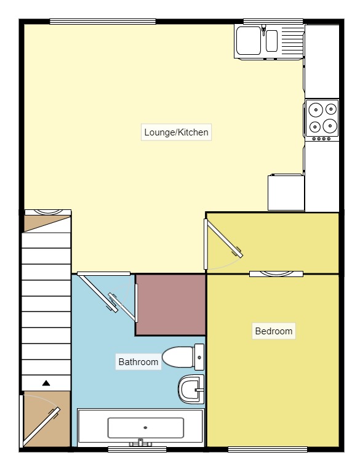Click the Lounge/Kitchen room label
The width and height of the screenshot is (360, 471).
pyautogui.click(x=176, y=132)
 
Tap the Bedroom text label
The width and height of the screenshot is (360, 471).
pyautogui.click(x=274, y=331)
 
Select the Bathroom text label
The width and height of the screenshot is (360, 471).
pyautogui.click(x=138, y=362)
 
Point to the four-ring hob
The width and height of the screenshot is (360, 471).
pyautogui.click(x=322, y=118)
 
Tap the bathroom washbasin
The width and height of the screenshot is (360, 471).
pyautogui.click(x=191, y=388)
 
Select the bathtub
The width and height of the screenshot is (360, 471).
pyautogui.click(x=140, y=427)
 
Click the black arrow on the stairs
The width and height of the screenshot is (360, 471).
pyautogui.click(x=46, y=383)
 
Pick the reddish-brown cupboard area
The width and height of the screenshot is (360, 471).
pyautogui.click(x=170, y=305)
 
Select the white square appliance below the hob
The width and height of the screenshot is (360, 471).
pyautogui.click(x=286, y=192)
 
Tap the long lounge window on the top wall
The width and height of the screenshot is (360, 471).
pyautogui.click(x=103, y=22)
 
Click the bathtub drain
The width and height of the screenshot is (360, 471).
pyautogui.click(x=145, y=427)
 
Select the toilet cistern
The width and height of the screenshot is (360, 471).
pyautogui.click(x=199, y=356)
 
